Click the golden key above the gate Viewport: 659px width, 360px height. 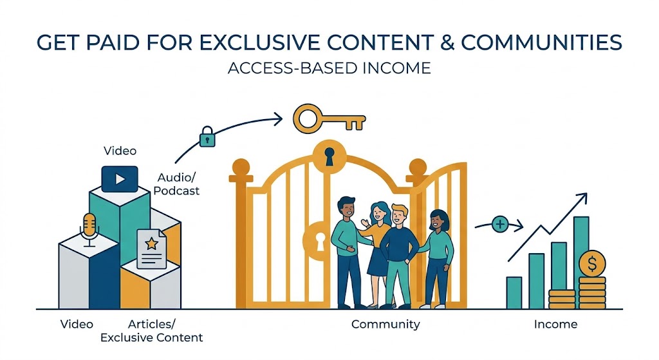coord(328,118)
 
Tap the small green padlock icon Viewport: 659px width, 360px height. coord(207,137)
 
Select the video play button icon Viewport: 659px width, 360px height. coord(120,178)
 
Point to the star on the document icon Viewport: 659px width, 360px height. coord(152,244)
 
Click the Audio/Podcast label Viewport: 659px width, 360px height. coord(178,184)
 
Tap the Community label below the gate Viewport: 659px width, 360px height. coord(385,324)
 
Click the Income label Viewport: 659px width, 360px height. coord(555,324)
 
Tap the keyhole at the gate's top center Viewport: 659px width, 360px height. coord(329,156)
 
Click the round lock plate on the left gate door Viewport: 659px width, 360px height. coord(315,239)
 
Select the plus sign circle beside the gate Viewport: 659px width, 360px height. coord(499,225)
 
